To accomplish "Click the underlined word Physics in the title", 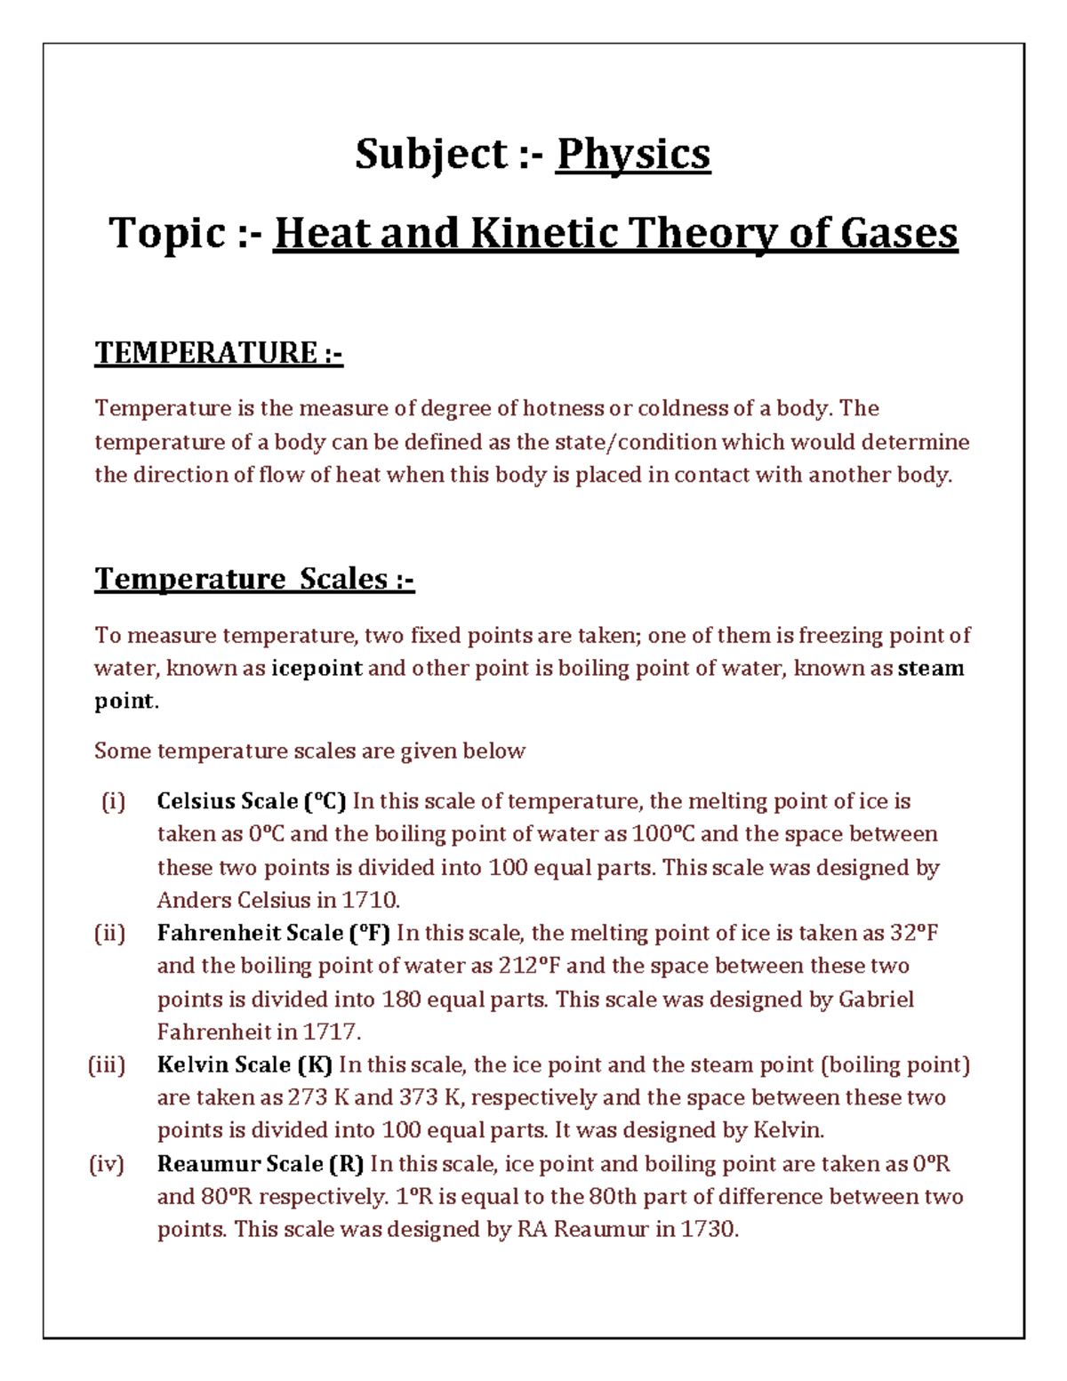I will [x=632, y=155].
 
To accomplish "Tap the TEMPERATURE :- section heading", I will [x=219, y=353].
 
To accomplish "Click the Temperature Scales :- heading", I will [x=254, y=579].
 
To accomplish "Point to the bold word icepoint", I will [x=317, y=668].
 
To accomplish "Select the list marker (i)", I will [x=113, y=801].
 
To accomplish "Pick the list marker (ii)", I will [x=110, y=933].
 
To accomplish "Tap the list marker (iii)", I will [x=107, y=1064].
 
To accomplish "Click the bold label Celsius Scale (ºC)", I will [x=252, y=801].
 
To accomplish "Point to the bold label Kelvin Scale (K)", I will [x=245, y=1064].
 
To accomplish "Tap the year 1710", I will [x=371, y=900].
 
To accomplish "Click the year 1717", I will [x=332, y=1032].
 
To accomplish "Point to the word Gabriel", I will [x=876, y=999].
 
